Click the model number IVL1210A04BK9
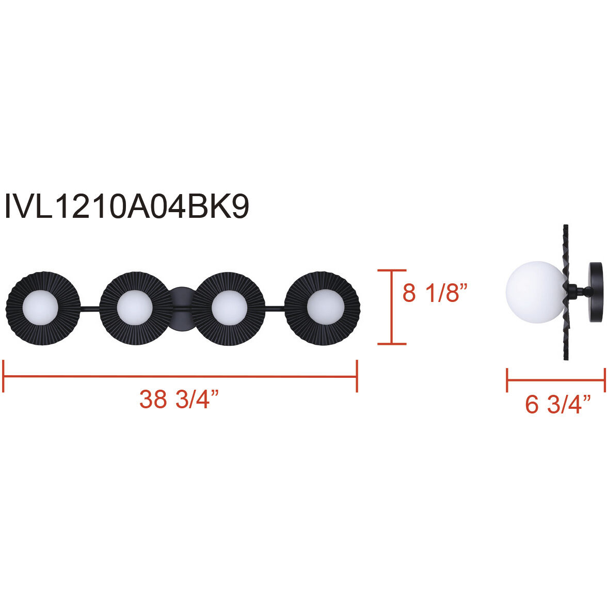pyautogui.click(x=126, y=206)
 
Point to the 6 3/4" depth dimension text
pyautogui.click(x=558, y=405)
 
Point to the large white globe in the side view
pyautogui.click(x=535, y=292)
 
